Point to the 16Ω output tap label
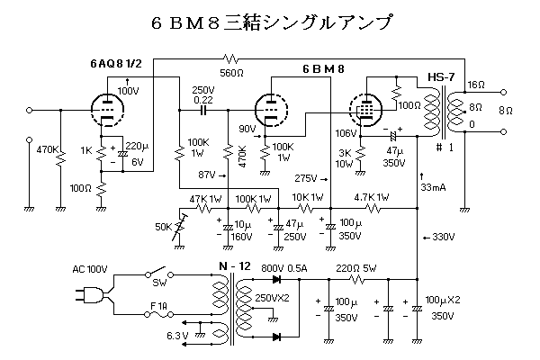pyautogui.click(x=476, y=85)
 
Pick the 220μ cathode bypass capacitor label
pyautogui.click(x=138, y=144)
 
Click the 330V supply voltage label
pyautogui.click(x=441, y=238)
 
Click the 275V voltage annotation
pyautogui.click(x=307, y=177)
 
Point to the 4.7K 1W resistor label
pyautogui.click(x=371, y=195)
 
